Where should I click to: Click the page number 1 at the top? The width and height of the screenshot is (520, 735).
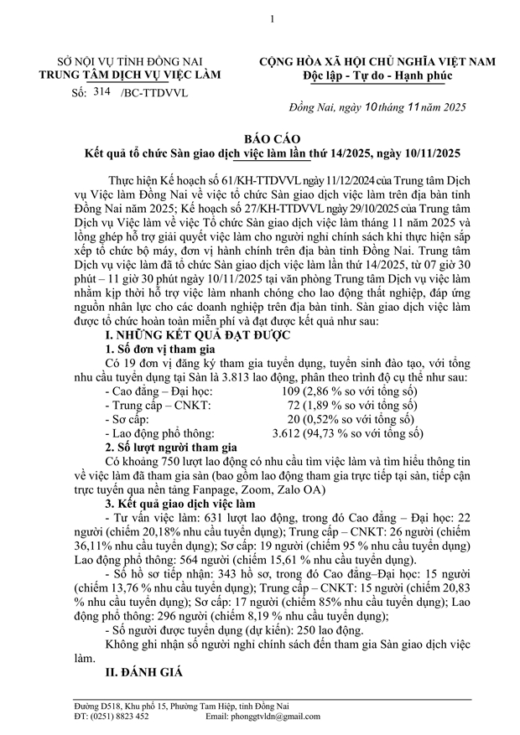coord(260,18)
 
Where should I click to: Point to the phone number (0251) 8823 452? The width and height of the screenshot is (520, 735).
coord(118,717)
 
